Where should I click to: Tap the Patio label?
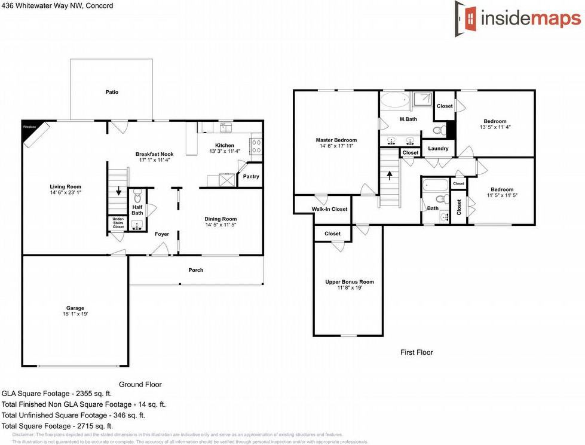[111, 92]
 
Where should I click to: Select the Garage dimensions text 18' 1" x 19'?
[75, 314]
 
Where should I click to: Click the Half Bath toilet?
[137, 195]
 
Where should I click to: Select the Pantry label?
[251, 177]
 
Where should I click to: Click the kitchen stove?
[255, 143]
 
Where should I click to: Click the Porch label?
[196, 270]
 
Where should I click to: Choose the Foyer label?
[162, 234]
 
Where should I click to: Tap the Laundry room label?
[438, 148]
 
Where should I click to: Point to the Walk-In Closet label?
[329, 209]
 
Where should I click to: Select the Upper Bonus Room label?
[349, 282]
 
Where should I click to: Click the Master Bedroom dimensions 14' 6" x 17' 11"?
[336, 146]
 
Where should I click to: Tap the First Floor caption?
[416, 352]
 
